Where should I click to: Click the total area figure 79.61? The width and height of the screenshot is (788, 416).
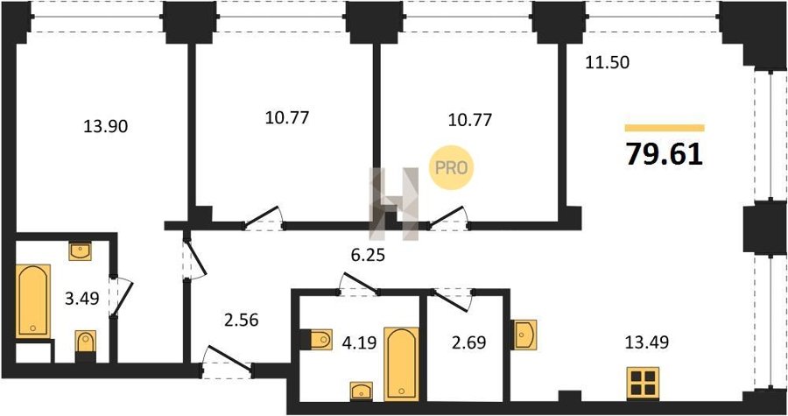coord(664,155)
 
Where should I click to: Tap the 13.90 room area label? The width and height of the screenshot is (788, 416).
coord(106,127)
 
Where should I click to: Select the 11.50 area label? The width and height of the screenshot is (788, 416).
coord(607,63)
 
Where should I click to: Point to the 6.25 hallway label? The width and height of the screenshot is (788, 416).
coord(368,255)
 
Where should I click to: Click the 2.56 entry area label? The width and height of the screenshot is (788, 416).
coord(242,320)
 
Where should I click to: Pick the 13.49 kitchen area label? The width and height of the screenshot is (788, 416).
coord(646,342)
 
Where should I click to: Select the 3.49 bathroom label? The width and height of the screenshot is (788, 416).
coord(82,299)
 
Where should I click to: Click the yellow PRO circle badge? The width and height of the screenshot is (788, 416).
coord(451,168)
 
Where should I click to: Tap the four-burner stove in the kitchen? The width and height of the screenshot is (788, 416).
coord(643,384)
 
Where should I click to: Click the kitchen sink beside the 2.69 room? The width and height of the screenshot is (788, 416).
coord(524,335)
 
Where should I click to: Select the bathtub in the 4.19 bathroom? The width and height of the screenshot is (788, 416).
coord(401,364)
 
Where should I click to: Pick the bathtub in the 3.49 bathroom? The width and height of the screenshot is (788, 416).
coord(33,301)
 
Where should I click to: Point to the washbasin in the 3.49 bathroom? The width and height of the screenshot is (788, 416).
coord(80,251)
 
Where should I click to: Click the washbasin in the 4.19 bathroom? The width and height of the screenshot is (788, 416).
coord(362,391)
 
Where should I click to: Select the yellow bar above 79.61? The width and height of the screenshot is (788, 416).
coord(665,128)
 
